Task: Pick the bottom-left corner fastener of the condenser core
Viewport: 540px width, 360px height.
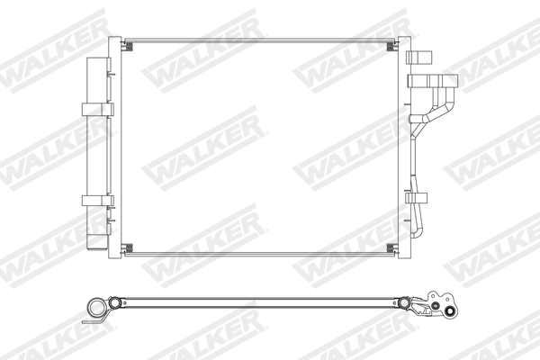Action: (x=127, y=247)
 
